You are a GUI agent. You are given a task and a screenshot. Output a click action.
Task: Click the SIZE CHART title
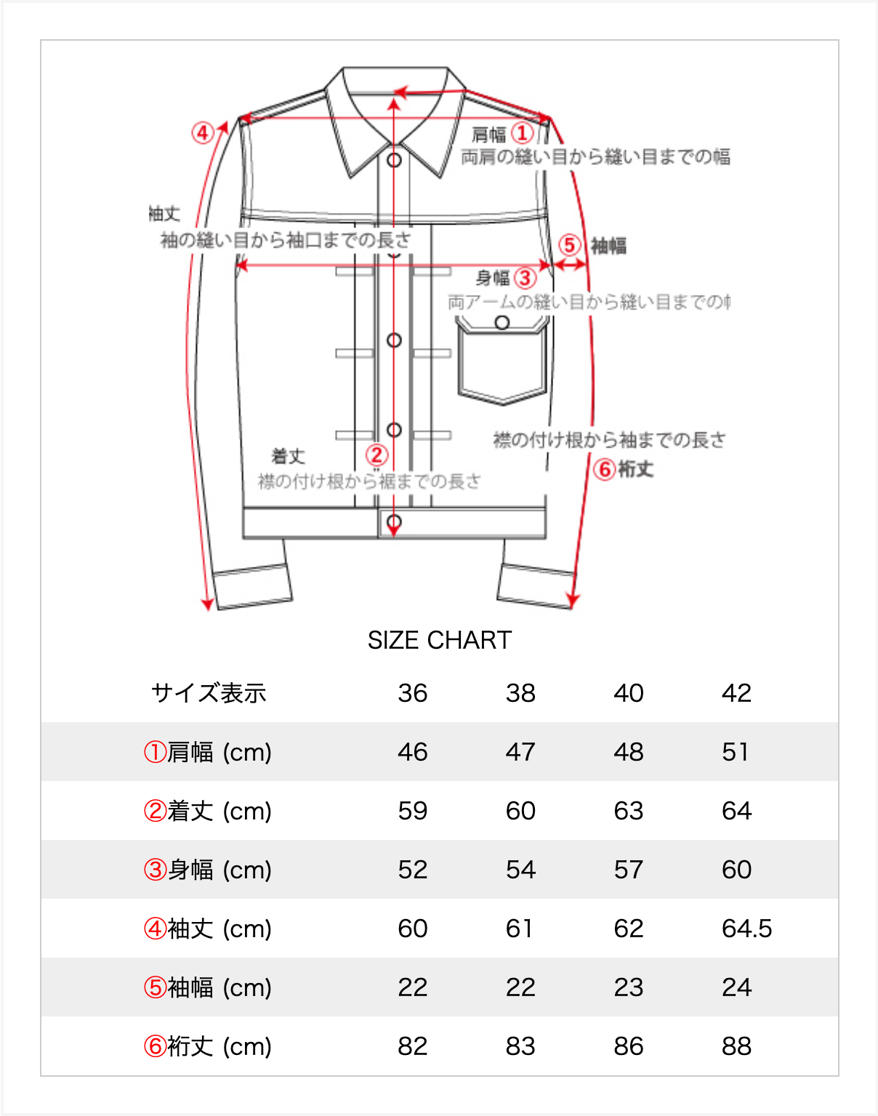point(439,640)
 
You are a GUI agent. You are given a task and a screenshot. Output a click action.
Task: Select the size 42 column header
point(736,693)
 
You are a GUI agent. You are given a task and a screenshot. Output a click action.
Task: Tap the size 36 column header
point(412,693)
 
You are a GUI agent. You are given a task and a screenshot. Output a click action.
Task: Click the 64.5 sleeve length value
point(746,929)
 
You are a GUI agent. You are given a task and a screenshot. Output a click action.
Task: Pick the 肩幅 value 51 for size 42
point(735,752)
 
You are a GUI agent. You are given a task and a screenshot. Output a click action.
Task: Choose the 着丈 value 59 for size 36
point(412,811)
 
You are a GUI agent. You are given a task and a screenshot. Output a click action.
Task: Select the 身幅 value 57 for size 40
point(628,870)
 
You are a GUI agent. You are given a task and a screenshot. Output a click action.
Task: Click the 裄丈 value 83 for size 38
point(520,1046)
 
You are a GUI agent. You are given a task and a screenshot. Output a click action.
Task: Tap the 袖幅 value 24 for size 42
point(736,987)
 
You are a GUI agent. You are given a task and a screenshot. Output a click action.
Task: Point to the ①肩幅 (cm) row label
point(208,752)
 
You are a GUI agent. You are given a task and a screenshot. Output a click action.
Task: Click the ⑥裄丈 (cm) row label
point(208,1046)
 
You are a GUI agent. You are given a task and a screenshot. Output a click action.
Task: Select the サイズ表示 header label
point(209,693)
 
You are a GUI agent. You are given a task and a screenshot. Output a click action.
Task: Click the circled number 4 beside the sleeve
point(203,133)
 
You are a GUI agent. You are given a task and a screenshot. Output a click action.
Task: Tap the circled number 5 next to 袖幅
point(569,245)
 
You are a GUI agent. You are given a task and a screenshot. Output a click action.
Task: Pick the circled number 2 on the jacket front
point(376,456)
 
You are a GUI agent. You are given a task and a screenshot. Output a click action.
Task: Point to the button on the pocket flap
point(502,323)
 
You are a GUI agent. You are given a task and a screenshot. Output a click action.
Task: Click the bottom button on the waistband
point(394,522)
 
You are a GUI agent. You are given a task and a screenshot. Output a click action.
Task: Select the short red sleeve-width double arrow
point(570,265)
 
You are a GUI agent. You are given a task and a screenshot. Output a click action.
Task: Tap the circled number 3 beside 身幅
point(525,278)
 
